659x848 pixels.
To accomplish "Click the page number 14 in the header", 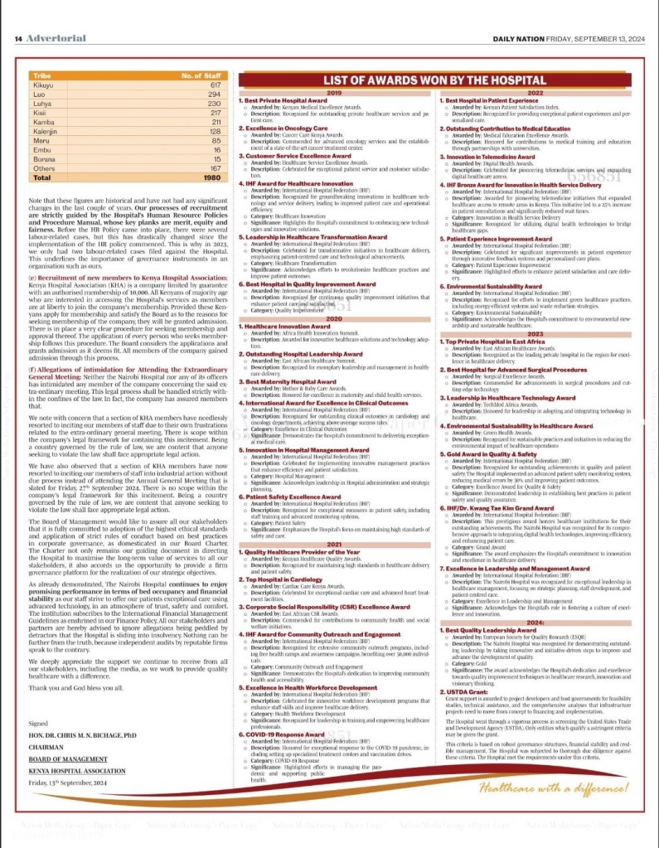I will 17,39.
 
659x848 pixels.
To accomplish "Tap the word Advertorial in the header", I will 51,39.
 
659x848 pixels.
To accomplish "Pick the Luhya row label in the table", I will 43,104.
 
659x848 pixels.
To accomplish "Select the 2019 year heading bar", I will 334,93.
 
